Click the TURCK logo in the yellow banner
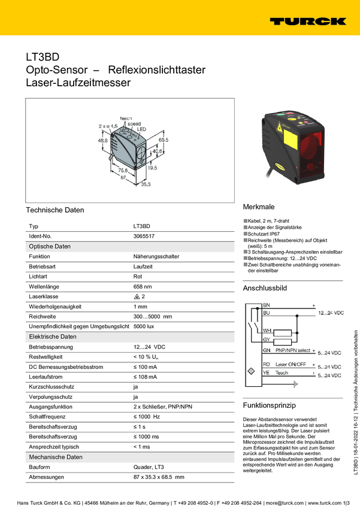[307, 21]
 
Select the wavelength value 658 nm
[143, 286]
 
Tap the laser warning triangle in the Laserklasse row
[137, 296]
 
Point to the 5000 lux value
[144, 326]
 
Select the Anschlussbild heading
[265, 288]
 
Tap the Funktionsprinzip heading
[269, 405]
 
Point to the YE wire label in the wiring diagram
[267, 372]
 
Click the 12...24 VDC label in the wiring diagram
[331, 313]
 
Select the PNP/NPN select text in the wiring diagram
[293, 350]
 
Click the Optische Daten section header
[50, 246]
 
